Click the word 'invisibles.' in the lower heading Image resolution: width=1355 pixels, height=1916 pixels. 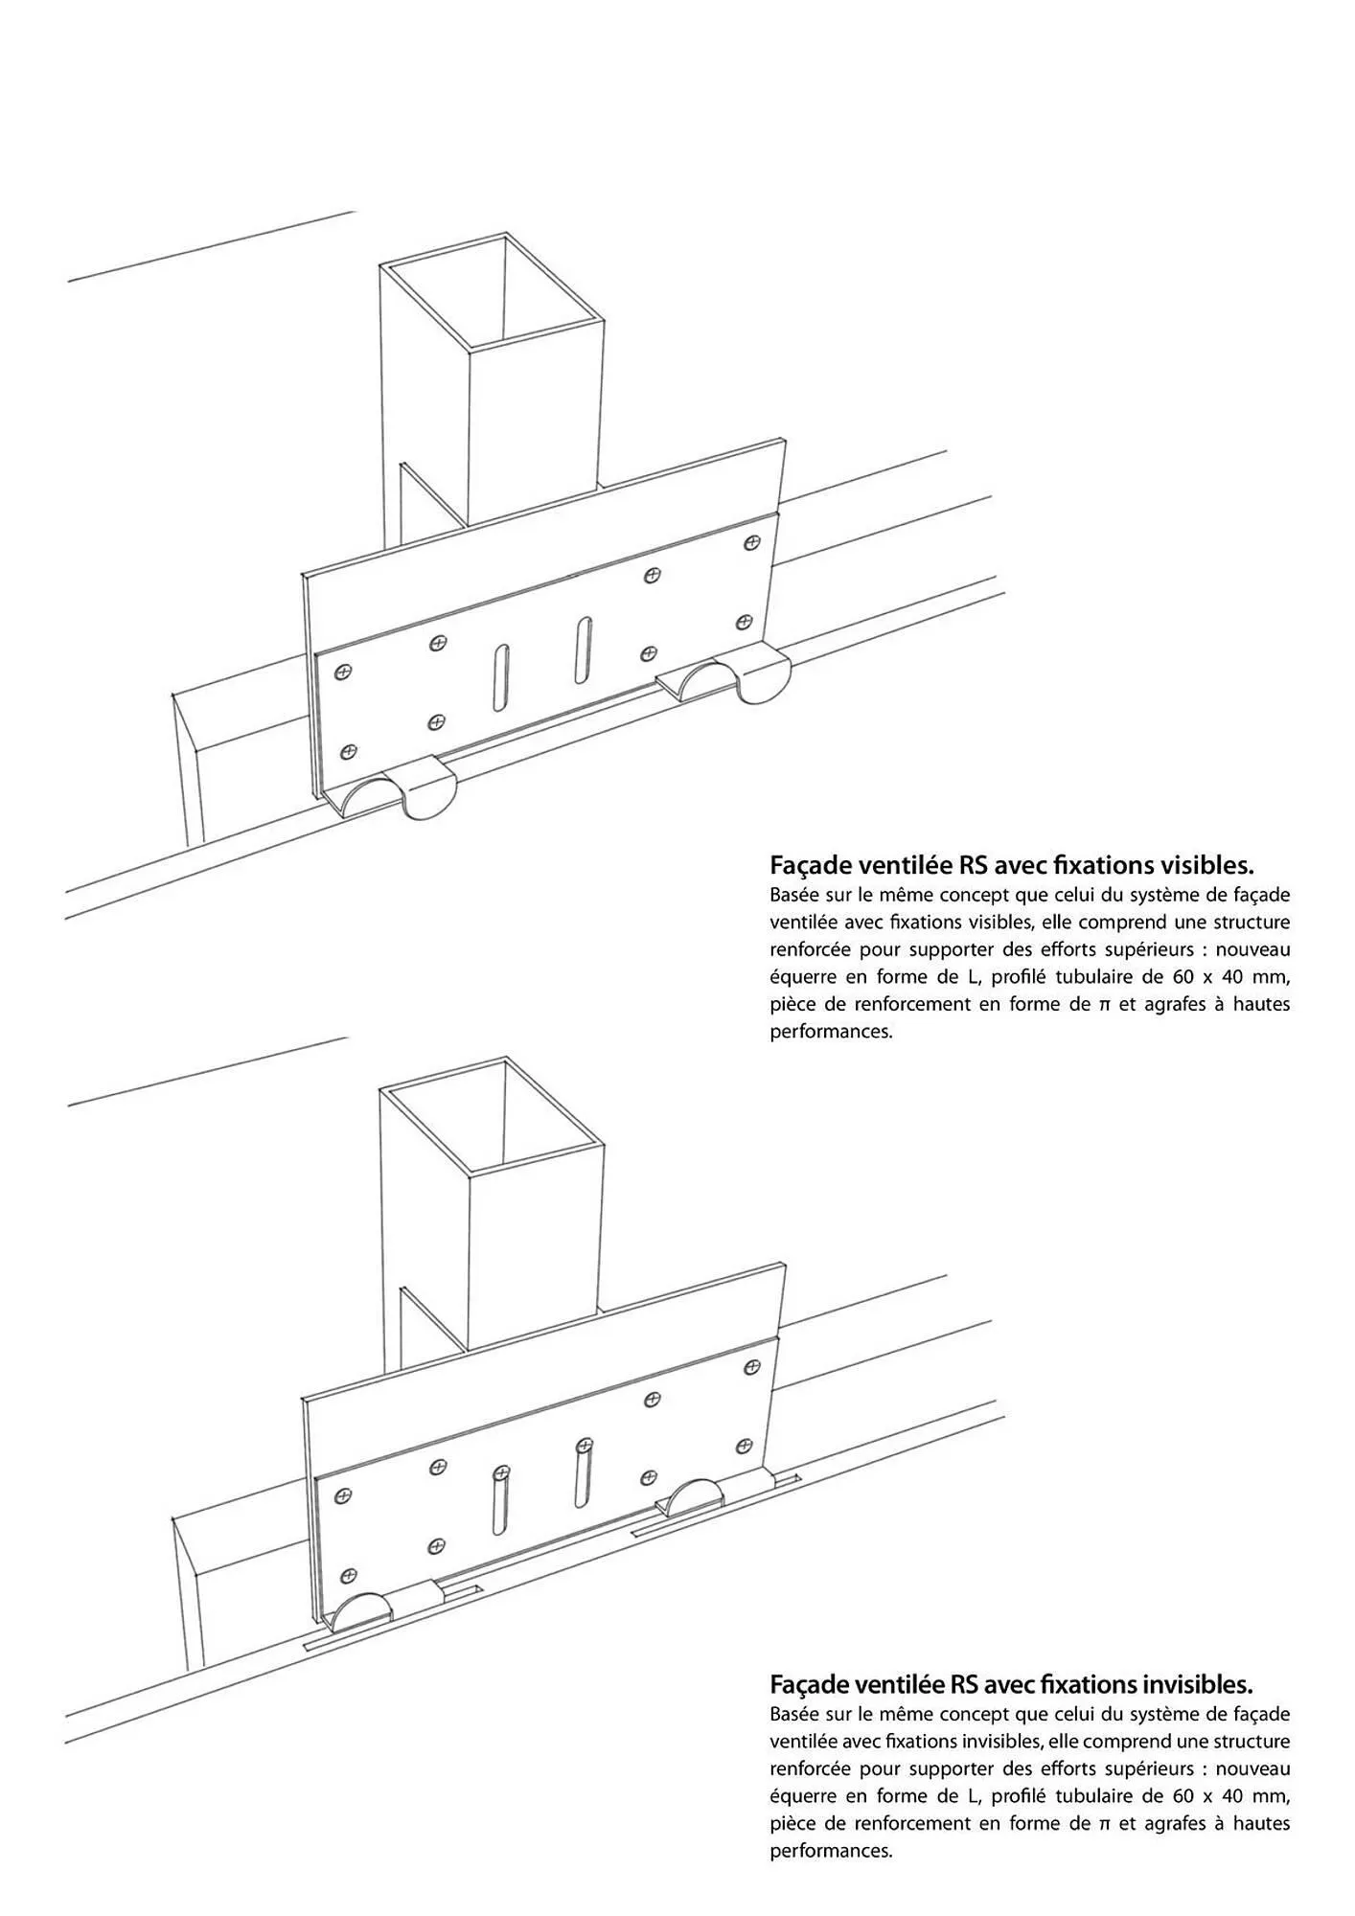(x=1197, y=1684)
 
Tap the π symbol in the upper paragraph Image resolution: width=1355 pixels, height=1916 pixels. (x=1105, y=1005)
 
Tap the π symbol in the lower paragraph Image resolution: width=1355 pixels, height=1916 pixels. (x=1105, y=1823)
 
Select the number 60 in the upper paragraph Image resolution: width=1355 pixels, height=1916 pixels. (x=1183, y=977)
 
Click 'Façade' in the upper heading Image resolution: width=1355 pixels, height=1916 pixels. (x=809, y=866)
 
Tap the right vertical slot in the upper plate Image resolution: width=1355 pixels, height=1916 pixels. (x=583, y=652)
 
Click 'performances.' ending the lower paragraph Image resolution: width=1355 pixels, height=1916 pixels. (x=831, y=1851)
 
